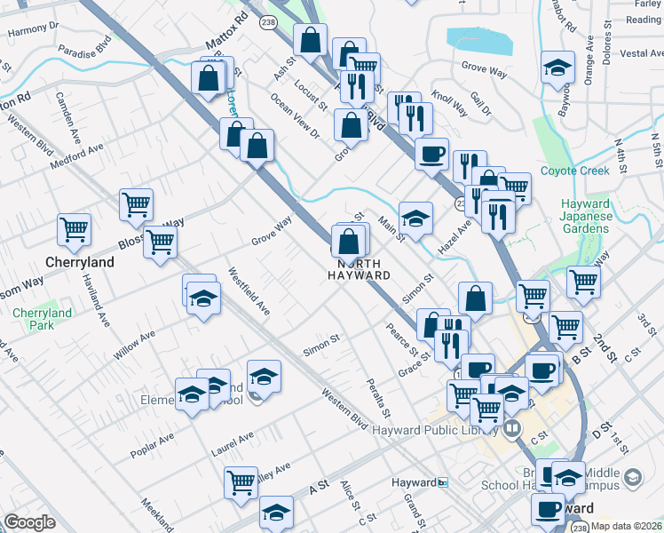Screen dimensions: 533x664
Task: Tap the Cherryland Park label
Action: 42,319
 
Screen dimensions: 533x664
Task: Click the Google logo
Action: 29,522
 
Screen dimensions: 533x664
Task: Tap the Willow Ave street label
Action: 134,346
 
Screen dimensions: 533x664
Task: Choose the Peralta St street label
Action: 378,397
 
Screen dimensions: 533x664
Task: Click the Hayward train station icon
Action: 444,482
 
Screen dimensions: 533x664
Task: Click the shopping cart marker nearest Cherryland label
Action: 74,230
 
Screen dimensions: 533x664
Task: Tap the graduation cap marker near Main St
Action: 415,216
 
